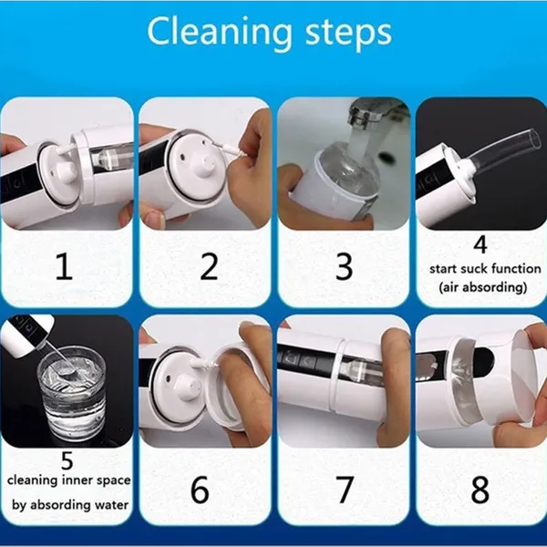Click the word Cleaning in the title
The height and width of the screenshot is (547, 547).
pyautogui.click(x=220, y=33)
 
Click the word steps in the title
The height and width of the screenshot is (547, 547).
pyautogui.click(x=348, y=34)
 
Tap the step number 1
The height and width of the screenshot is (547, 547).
pyautogui.click(x=64, y=266)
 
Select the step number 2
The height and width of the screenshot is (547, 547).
pyautogui.click(x=209, y=266)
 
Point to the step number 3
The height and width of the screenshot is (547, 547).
pyautogui.click(x=344, y=266)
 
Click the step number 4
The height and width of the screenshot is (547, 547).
pyautogui.click(x=480, y=244)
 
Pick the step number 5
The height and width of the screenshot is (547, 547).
pyautogui.click(x=67, y=460)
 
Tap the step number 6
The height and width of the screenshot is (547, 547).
pyautogui.click(x=200, y=489)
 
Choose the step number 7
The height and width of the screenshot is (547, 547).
pyautogui.click(x=345, y=490)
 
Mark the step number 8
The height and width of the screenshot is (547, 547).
pyautogui.click(x=480, y=489)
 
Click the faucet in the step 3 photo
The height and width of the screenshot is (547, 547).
pyautogui.click(x=373, y=111)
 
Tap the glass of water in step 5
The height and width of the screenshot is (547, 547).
pyautogui.click(x=71, y=392)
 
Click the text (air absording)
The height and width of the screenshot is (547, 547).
pyautogui.click(x=483, y=287)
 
